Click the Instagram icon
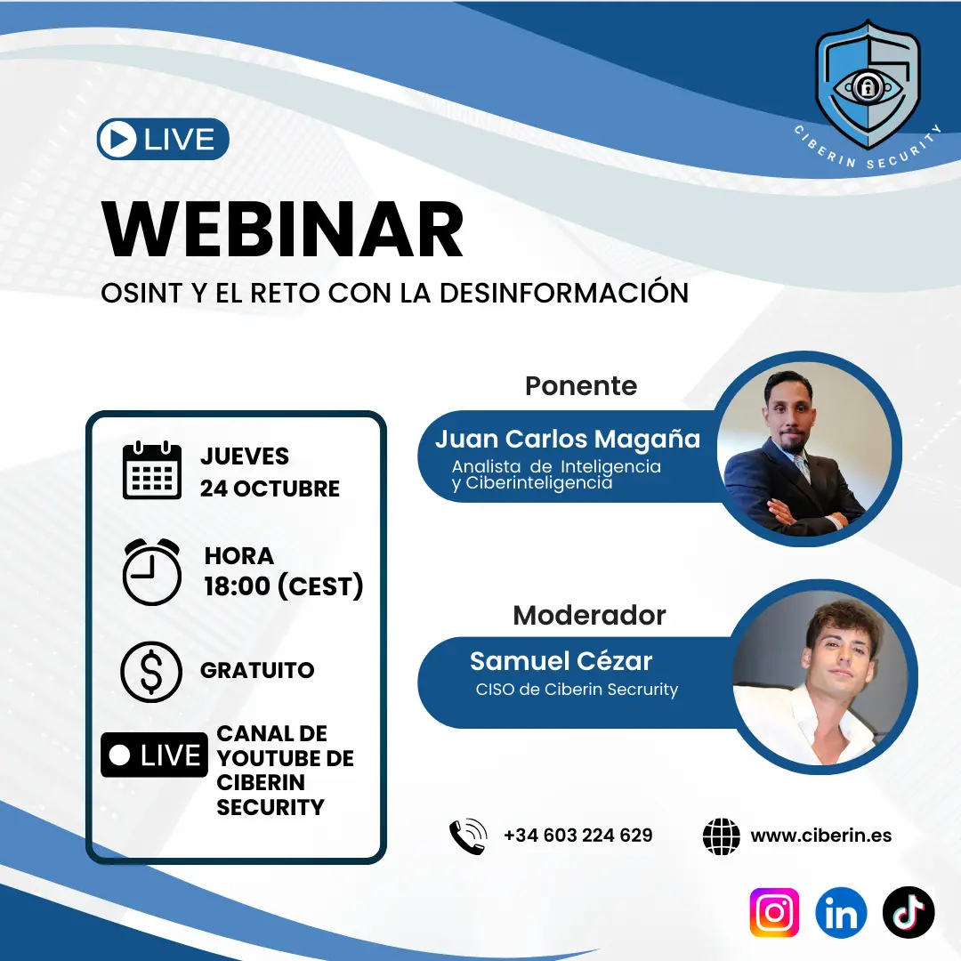[774, 912]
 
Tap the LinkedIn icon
[841, 912]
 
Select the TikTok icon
[909, 912]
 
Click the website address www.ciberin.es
[820, 836]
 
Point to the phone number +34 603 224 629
[578, 836]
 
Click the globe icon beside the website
[722, 836]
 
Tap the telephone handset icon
[468, 836]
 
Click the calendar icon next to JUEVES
[152, 470]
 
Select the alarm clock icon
[152, 572]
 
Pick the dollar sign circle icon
[151, 671]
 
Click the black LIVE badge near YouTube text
[155, 755]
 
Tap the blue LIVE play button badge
[163, 139]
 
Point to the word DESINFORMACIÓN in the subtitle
[564, 293]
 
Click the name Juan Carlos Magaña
[568, 440]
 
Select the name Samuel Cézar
[561, 661]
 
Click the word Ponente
[581, 386]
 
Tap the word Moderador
[589, 616]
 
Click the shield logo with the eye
[868, 85]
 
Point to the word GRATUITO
[257, 671]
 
